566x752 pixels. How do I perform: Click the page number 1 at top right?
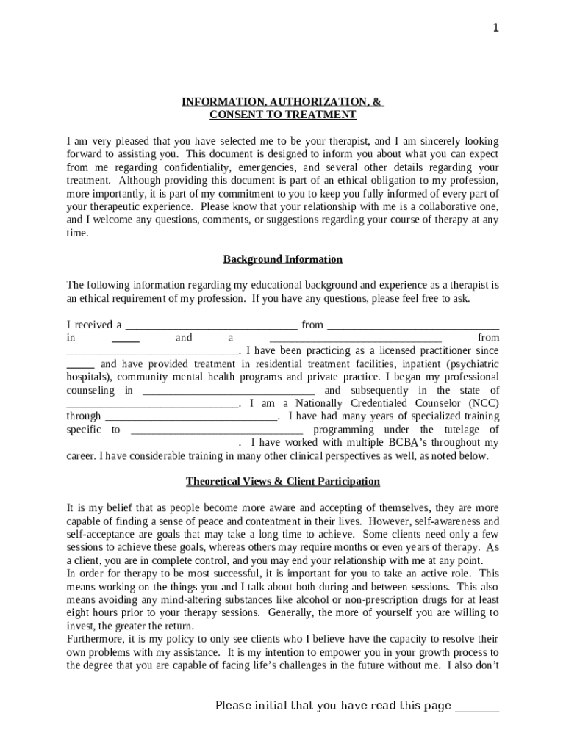[x=495, y=28]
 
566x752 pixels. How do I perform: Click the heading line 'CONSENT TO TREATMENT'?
[x=282, y=115]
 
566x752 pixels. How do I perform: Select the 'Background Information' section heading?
[x=282, y=259]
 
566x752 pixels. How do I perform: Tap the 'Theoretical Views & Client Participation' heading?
[x=282, y=482]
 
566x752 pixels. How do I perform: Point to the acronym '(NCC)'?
[x=484, y=403]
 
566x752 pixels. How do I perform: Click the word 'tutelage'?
[x=450, y=430]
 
